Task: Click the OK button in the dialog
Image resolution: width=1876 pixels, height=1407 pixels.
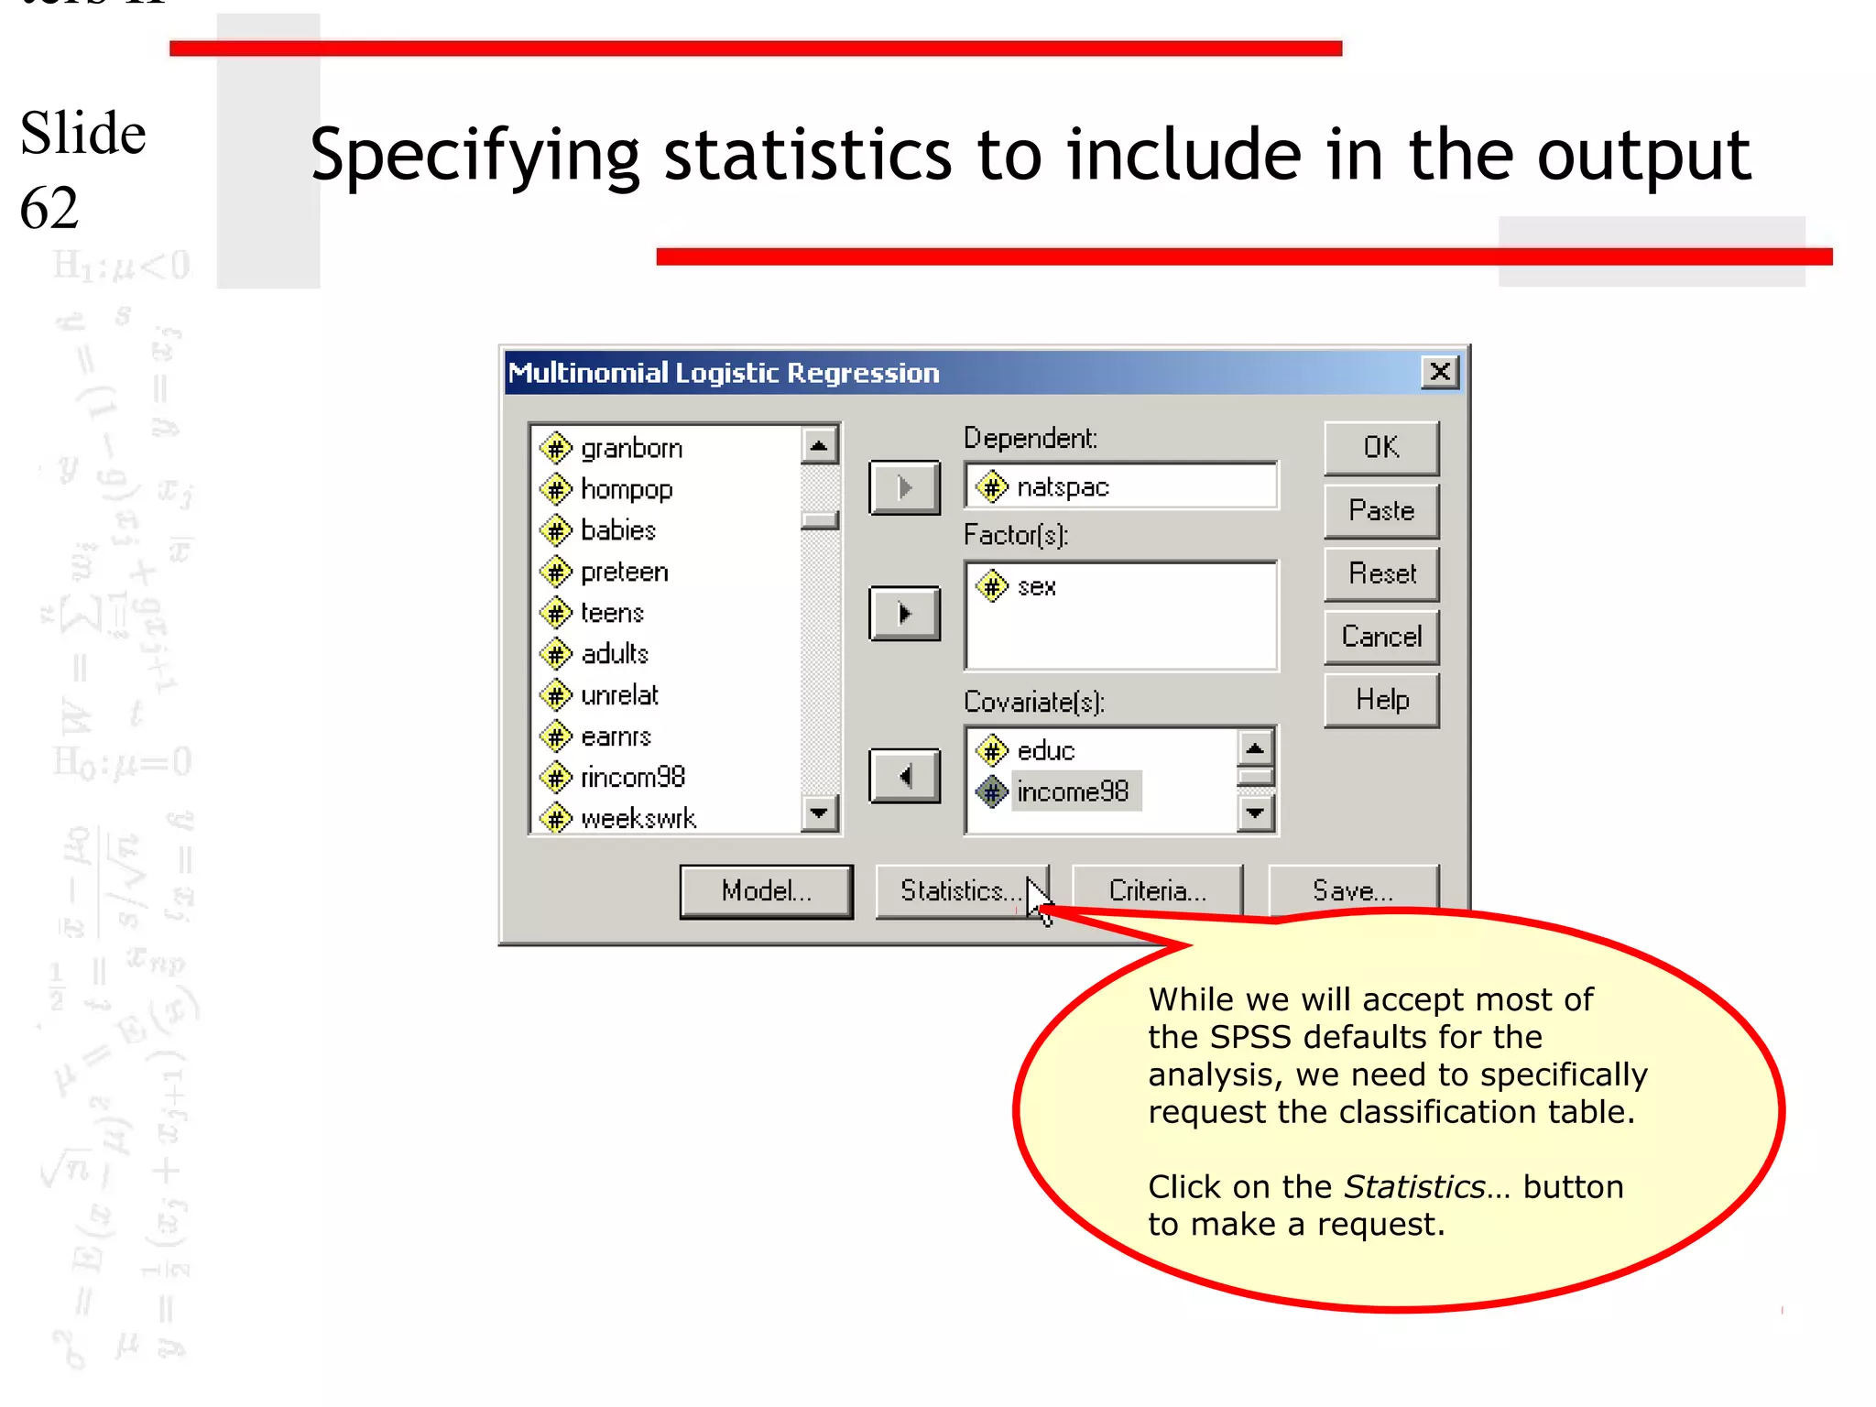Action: tap(1380, 448)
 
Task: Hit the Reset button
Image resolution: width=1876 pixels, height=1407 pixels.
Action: tap(1380, 574)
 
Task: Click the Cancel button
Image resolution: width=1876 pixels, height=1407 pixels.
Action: tap(1380, 637)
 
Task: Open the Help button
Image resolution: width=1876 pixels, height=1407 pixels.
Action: tap(1380, 701)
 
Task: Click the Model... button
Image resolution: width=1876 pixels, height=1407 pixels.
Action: tap(766, 890)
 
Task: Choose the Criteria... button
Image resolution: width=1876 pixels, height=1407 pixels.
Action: tap(1157, 890)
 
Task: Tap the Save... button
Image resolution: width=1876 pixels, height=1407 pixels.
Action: tap(1352, 890)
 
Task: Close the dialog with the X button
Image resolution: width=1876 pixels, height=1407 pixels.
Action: tap(1439, 372)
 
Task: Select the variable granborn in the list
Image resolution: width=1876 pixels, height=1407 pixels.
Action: tap(631, 448)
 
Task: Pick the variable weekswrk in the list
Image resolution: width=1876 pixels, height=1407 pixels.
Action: tap(638, 818)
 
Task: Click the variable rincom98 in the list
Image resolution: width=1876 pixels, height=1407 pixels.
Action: tap(632, 777)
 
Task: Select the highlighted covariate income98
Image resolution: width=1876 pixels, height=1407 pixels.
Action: tap(1072, 791)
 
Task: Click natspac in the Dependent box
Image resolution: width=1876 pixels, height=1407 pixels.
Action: tap(1063, 487)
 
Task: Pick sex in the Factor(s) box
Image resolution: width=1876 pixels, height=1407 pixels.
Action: tap(1036, 586)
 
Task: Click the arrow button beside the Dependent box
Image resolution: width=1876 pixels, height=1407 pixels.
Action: tap(904, 487)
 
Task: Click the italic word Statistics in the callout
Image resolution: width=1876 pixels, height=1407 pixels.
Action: tap(1413, 1187)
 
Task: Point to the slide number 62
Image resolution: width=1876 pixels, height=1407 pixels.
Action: tap(49, 208)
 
